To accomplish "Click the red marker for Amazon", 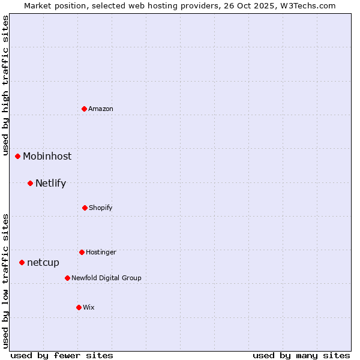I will pos(85,109).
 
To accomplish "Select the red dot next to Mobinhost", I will pos(18,156).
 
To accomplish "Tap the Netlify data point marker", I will pos(31,183).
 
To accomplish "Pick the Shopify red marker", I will pos(85,208).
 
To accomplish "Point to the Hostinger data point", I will pos(82,252).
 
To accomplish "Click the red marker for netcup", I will pos(22,262).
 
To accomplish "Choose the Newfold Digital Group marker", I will pos(67,278).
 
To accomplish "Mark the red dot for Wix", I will pos(79,307).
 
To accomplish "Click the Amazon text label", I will pos(101,109).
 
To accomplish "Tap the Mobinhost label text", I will pos(47,156).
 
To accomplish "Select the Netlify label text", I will pos(50,183).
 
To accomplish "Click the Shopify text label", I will pos(101,208).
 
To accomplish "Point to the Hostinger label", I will pos(101,252).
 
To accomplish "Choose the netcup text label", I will pos(43,262).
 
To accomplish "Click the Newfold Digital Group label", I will pos(106,278).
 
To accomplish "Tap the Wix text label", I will pos(89,307).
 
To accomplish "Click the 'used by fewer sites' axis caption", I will pos(62,355).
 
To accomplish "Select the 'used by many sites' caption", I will pos(301,355).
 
